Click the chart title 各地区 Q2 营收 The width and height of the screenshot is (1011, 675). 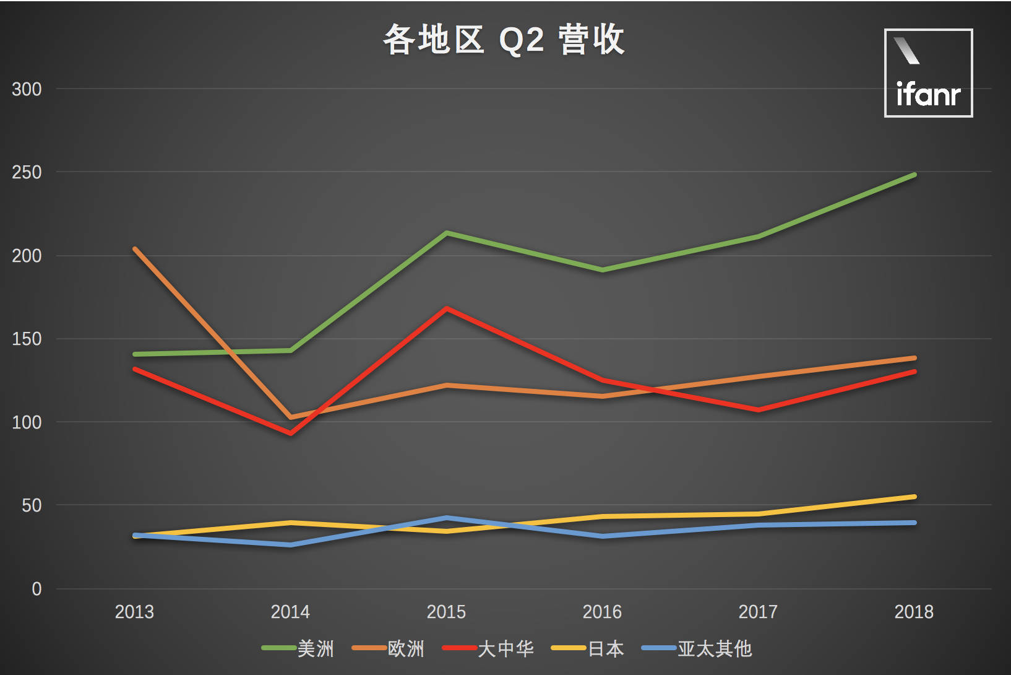pos(504,40)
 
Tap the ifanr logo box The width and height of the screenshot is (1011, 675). pos(928,73)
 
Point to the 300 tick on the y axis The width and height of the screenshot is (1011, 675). pos(27,89)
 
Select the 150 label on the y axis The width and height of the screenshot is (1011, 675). pos(27,339)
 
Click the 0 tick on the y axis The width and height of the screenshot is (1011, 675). pos(37,589)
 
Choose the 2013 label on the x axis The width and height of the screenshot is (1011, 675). pos(134,612)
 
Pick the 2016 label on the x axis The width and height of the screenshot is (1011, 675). pos(602,612)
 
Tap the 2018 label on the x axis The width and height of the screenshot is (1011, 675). pos(914,612)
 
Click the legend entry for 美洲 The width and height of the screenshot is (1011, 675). pos(298,648)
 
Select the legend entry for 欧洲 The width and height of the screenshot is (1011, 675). pos(389,648)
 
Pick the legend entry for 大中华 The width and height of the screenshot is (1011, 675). pos(489,648)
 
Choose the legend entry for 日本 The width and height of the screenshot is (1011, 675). pos(588,648)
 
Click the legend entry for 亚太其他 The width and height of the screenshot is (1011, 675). pos(697,648)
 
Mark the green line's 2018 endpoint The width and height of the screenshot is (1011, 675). pos(914,175)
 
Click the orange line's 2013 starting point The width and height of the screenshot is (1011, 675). pos(135,249)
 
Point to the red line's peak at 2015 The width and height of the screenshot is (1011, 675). pos(447,308)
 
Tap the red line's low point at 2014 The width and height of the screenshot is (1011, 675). pos(291,433)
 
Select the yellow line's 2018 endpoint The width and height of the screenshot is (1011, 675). pos(914,497)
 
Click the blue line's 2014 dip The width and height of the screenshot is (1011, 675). pos(291,545)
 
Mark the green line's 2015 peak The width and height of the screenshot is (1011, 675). pos(447,233)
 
